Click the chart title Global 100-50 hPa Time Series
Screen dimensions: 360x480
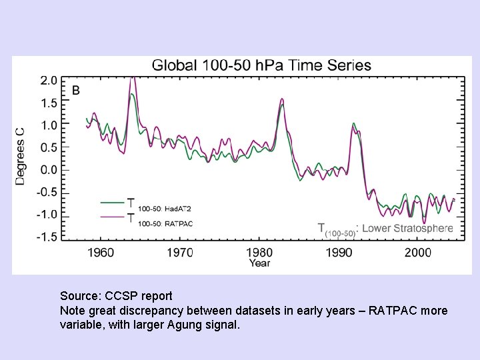[262, 65]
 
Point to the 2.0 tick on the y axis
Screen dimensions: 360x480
[49, 80]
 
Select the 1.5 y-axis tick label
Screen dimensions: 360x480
[49, 103]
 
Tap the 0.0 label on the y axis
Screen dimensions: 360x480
[49, 169]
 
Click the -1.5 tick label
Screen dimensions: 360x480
[47, 237]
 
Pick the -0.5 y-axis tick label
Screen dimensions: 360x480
[47, 192]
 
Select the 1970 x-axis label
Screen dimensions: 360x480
[180, 253]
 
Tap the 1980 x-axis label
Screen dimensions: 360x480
[259, 253]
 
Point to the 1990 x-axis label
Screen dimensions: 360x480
[339, 253]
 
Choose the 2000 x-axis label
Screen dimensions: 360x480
[419, 253]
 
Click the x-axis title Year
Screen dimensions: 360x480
[259, 263]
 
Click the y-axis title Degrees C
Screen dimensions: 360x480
[21, 156]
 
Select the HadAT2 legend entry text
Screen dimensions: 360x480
[165, 209]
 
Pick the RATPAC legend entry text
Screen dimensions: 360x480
[165, 223]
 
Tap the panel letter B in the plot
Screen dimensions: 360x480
[75, 90]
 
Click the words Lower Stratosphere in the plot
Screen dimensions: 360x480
[407, 229]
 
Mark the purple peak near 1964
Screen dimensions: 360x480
[133, 79]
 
